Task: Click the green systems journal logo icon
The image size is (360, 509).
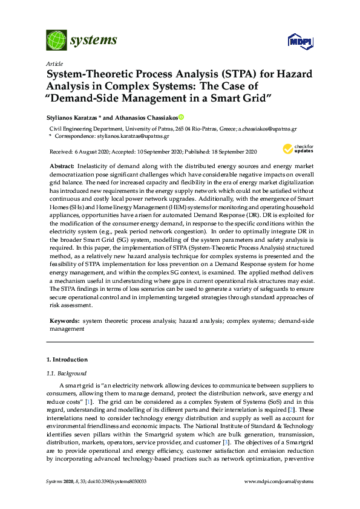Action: [56, 41]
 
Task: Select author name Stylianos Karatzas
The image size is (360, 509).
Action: [71, 117]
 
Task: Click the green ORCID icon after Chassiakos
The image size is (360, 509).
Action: [180, 117]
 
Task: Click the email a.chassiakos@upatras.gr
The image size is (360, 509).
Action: [267, 129]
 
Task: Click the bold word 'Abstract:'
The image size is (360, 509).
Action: [61, 166]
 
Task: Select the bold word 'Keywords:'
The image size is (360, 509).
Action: [64, 320]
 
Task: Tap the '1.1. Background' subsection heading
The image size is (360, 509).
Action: [67, 373]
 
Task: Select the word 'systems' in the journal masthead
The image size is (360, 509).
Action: [93, 41]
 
